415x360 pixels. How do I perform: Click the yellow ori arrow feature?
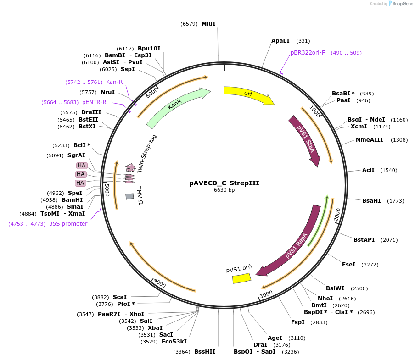pos(248,94)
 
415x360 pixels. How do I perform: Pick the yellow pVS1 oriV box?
pos(241,278)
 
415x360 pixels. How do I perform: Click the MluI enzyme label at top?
pos(208,23)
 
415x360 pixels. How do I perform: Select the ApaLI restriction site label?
pos(280,41)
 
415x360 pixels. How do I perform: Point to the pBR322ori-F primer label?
pos(308,53)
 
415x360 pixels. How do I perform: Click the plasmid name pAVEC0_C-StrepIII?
pos(224,183)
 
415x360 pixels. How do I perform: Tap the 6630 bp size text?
pos(224,190)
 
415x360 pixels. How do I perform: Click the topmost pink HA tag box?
pos(82,166)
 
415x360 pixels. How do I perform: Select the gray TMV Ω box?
pos(129,196)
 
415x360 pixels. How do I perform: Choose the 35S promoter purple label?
pos(68,224)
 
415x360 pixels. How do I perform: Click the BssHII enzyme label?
pos(205,352)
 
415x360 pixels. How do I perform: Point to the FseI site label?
pos(349,265)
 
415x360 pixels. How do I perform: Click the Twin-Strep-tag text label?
pos(147,153)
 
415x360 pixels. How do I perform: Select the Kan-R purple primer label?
pos(114,82)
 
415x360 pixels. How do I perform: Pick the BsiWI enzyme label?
pos(335,288)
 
